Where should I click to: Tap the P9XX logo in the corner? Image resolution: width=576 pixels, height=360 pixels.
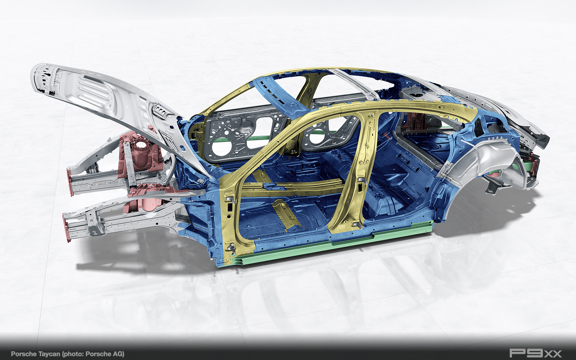536,353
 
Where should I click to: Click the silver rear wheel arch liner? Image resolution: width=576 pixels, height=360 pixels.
483,159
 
